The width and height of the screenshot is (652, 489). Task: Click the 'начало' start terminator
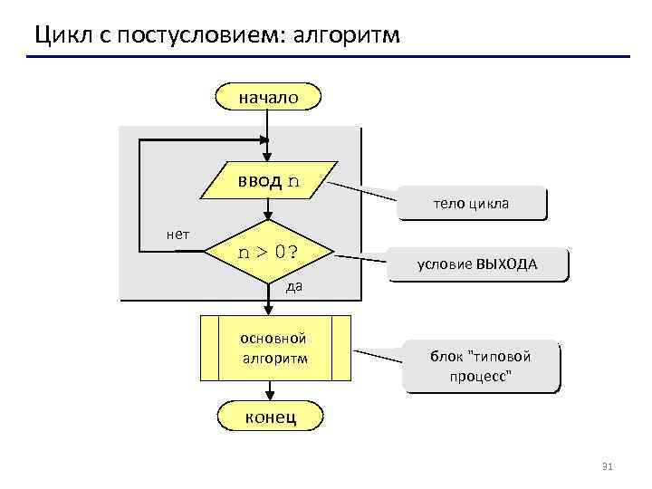(x=268, y=96)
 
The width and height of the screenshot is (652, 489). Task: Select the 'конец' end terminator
(x=268, y=417)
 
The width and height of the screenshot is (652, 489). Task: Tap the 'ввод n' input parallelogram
(x=269, y=180)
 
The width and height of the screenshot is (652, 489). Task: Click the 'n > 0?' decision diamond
(x=269, y=252)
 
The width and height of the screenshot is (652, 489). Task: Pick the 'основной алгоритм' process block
(x=275, y=349)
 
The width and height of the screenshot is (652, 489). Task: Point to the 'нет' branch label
(x=177, y=234)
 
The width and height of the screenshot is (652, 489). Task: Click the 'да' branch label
(x=293, y=287)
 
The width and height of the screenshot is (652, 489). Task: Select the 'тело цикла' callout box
(x=472, y=204)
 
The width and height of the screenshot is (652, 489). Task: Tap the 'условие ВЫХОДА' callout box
(x=476, y=264)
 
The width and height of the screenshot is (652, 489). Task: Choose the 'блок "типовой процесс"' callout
(x=480, y=366)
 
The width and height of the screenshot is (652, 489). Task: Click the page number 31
(x=608, y=466)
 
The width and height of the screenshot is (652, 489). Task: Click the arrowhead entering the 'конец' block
(x=269, y=395)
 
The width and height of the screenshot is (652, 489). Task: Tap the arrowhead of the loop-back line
(x=264, y=140)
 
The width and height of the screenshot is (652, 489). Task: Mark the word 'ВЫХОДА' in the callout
(x=507, y=264)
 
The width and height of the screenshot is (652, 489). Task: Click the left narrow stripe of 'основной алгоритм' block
(x=209, y=349)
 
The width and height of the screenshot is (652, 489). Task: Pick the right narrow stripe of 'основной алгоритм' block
(x=341, y=349)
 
